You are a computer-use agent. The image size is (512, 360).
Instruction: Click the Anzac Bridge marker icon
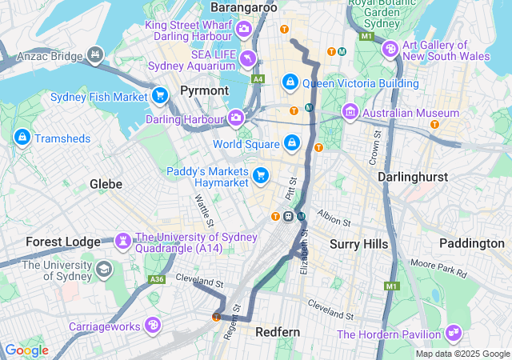tap(96, 55)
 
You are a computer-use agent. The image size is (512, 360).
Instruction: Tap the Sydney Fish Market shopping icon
tap(159, 96)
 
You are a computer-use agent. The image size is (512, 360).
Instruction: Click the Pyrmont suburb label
tap(204, 90)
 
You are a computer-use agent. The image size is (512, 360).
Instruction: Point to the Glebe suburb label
tap(106, 184)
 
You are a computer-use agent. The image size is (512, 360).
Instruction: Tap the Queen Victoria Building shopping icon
tap(290, 82)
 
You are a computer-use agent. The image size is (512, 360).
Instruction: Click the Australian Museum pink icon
tap(350, 112)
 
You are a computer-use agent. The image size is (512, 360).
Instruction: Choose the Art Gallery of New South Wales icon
tap(390, 49)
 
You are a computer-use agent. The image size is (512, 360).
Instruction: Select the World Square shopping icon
tap(292, 144)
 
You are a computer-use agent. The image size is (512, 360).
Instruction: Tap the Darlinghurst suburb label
tap(414, 176)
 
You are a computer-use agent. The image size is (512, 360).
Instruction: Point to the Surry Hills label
tap(359, 243)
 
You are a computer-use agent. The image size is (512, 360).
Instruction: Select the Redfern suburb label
tap(277, 331)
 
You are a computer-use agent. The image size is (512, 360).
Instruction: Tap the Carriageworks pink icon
tap(152, 326)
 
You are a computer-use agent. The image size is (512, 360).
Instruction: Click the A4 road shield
tap(257, 79)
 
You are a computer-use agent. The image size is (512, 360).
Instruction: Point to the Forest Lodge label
tap(63, 241)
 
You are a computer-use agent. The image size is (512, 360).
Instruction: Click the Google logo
tap(26, 350)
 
